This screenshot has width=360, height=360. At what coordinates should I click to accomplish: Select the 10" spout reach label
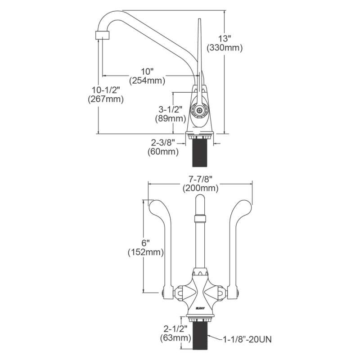point(147,72)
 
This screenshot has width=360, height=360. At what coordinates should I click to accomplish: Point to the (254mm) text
point(147,81)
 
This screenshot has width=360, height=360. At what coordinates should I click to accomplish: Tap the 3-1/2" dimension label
point(171,109)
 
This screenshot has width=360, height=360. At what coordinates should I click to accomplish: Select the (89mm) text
point(171,118)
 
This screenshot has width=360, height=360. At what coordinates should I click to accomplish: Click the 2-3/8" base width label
point(163,142)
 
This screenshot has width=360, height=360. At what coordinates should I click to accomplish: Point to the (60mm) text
point(163,152)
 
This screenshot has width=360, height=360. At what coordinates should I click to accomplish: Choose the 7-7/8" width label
point(200,179)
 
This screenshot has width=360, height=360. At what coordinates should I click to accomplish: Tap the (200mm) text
point(200,188)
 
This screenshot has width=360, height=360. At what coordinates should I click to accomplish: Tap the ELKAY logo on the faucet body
point(201,307)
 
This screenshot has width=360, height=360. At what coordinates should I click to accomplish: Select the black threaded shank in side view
point(201,153)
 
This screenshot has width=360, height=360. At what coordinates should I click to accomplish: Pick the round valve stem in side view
point(199,109)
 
